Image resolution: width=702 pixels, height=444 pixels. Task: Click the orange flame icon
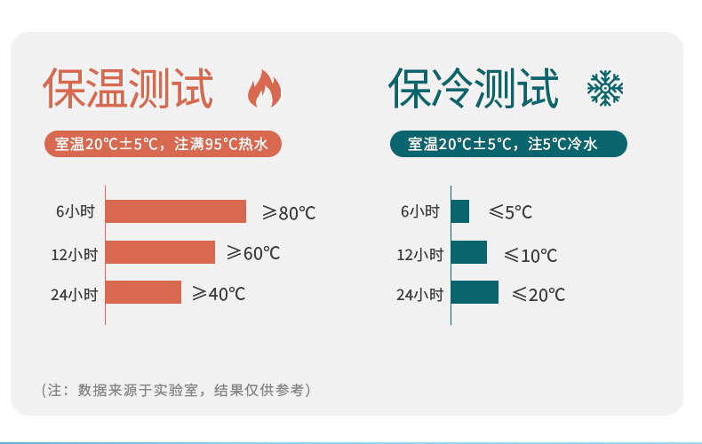click(264, 89)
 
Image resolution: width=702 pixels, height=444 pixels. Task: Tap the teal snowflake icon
click(605, 88)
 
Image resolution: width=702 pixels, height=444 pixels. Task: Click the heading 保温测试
click(128, 88)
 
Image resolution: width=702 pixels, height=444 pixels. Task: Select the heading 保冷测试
click(474, 88)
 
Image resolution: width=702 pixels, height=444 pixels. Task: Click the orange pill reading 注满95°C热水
click(163, 144)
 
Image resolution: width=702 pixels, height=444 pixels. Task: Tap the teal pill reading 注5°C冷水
click(508, 144)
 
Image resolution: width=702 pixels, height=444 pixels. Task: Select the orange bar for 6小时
click(176, 211)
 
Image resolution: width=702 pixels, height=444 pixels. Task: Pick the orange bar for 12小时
click(160, 252)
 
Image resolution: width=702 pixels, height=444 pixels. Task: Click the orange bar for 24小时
click(143, 292)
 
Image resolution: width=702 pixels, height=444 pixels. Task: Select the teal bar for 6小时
click(460, 211)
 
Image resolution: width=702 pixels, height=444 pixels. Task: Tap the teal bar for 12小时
click(469, 252)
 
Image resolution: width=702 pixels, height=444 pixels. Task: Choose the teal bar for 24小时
click(475, 292)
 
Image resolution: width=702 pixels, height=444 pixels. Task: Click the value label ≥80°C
click(289, 212)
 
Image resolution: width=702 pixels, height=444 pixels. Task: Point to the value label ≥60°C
click(253, 253)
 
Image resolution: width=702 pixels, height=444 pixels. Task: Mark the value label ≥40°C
click(219, 294)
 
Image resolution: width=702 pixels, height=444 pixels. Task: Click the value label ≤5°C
click(510, 211)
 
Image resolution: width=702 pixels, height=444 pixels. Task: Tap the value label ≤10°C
click(530, 255)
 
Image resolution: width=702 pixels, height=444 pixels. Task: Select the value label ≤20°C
click(538, 295)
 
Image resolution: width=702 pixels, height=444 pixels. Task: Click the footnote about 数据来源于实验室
click(176, 390)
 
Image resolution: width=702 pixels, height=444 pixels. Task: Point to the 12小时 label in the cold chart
click(420, 255)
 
